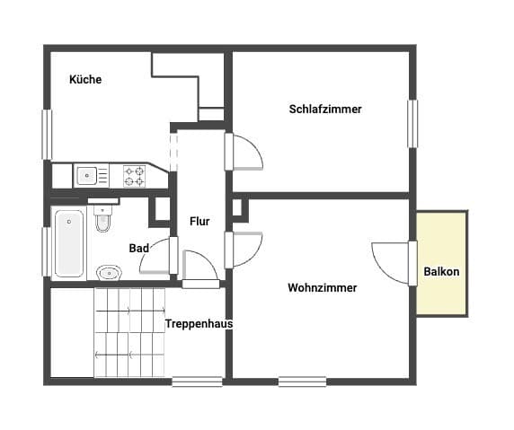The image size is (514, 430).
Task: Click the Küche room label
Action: [85, 80]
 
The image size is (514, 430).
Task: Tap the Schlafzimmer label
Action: [325, 109]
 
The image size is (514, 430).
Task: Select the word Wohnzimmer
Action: [323, 288]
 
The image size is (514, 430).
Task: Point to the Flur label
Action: [199, 222]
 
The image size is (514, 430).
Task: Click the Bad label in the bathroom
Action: [139, 249]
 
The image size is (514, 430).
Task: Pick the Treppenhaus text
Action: [199, 324]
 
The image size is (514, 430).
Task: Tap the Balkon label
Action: [441, 271]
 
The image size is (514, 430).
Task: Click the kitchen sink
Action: [86, 176]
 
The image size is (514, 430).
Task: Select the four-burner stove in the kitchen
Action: [134, 176]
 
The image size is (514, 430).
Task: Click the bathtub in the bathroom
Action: [69, 243]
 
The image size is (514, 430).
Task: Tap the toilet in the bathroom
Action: [103, 218]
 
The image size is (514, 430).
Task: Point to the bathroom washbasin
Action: [109, 273]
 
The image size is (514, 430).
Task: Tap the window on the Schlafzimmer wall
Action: [412, 124]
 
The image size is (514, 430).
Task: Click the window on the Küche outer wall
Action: [48, 135]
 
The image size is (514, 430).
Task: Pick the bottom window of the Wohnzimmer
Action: [302, 382]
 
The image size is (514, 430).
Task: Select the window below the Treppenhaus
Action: [197, 382]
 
